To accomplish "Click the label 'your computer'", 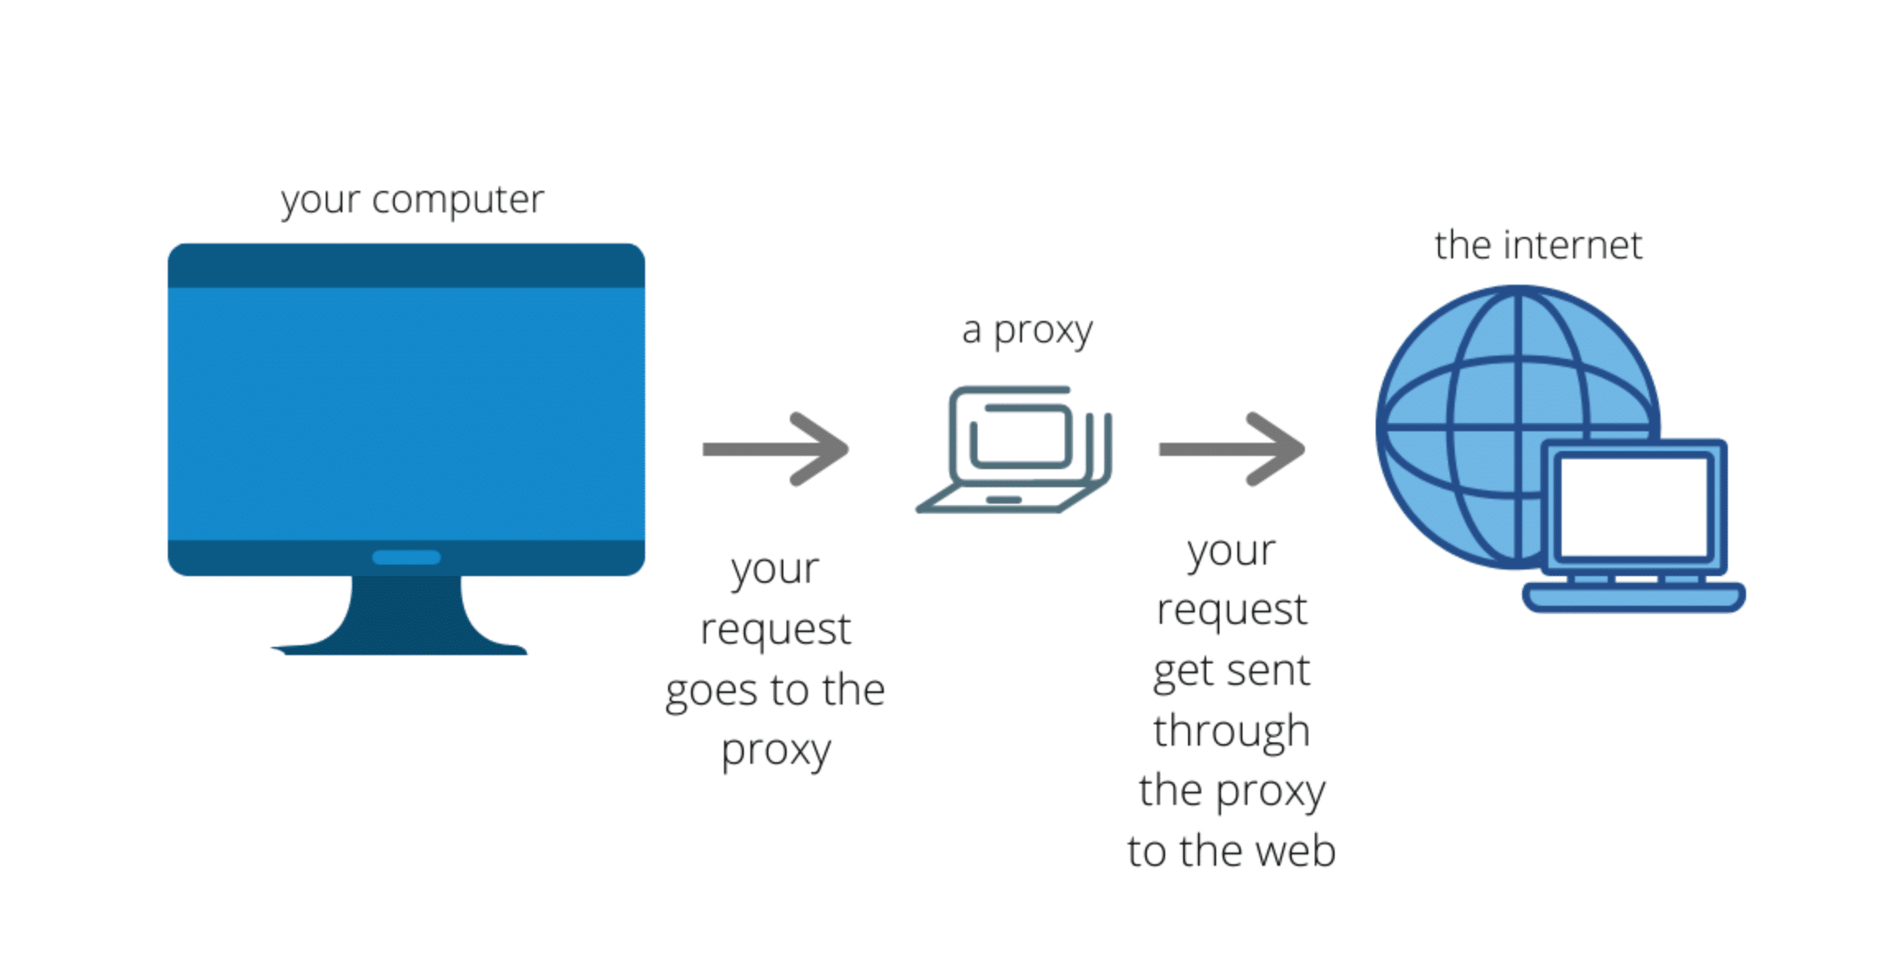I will (x=412, y=199).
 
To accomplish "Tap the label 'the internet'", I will (x=1538, y=245).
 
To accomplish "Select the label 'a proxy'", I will (x=1027, y=330).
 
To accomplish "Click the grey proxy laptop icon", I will (x=1016, y=449).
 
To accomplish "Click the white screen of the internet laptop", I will (x=1634, y=507).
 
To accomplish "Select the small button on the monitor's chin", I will (x=406, y=557).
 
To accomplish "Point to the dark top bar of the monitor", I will (x=406, y=266).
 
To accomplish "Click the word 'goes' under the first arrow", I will (x=711, y=691).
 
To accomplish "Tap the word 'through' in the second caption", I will (x=1231, y=732).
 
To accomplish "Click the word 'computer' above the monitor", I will (x=457, y=199).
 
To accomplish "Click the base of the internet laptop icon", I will (x=1634, y=598).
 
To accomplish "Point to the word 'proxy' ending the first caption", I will (x=776, y=751).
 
